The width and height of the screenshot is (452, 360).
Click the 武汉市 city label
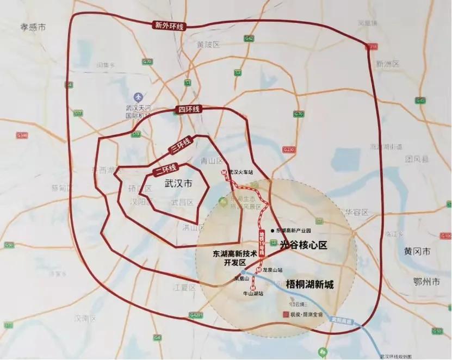(178, 184)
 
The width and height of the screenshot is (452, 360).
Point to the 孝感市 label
(33, 27)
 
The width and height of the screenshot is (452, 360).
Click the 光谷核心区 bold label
(304, 245)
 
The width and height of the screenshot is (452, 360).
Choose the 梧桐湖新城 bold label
(309, 284)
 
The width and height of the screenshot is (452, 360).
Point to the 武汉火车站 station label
(242, 172)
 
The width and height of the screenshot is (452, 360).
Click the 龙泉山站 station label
(273, 270)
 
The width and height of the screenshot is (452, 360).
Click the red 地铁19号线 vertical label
(260, 245)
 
